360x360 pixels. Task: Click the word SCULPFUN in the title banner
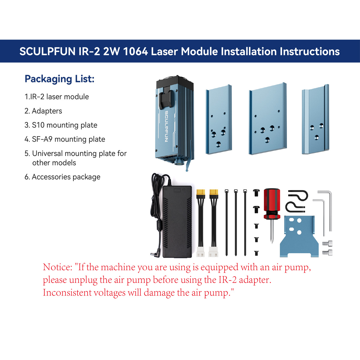click(x=47, y=51)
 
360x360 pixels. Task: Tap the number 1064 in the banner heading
click(x=136, y=51)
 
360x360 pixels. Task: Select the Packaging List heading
click(x=59, y=79)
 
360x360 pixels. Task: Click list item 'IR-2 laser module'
click(x=57, y=97)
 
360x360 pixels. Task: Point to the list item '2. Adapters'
click(x=43, y=111)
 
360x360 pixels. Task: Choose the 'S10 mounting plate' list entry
click(x=61, y=125)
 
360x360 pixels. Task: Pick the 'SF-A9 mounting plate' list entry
click(x=65, y=139)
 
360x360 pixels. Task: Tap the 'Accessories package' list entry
click(x=62, y=177)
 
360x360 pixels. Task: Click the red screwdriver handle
click(x=271, y=204)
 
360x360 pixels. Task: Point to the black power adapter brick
click(x=177, y=222)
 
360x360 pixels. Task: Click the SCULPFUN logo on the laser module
click(x=166, y=127)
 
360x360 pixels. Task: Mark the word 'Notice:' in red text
click(x=57, y=267)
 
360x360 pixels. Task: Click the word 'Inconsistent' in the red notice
click(x=67, y=292)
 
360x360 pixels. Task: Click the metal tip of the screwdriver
click(x=272, y=232)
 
